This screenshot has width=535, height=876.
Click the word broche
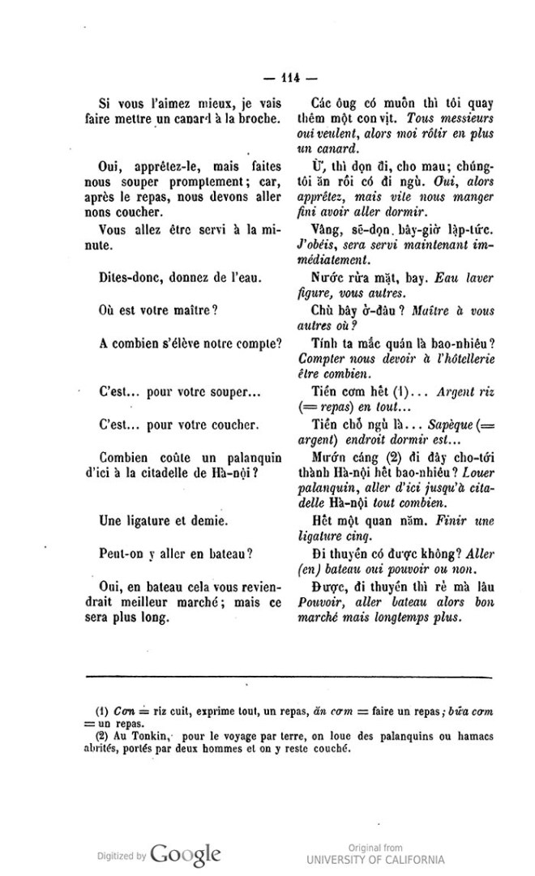pos(261,121)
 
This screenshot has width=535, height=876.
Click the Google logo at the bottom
pos(185,854)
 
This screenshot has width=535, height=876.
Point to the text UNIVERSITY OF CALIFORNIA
pos(376,861)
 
